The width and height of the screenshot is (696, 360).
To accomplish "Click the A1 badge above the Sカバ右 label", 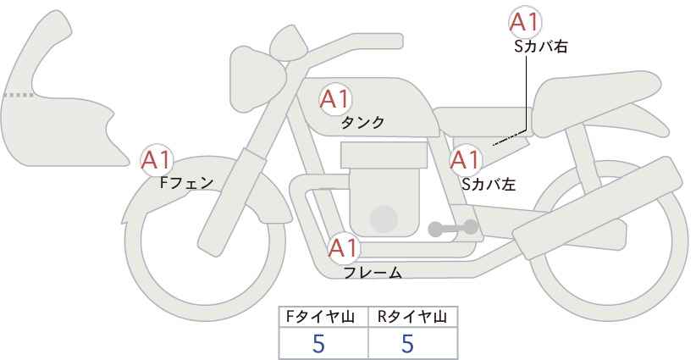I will click(525, 23).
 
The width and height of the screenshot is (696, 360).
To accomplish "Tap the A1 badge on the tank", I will click(334, 99).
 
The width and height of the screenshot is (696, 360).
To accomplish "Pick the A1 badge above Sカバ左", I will click(465, 159).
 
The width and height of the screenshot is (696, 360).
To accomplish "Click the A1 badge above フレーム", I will click(344, 249).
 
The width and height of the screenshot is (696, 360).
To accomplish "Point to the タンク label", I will click(362, 123).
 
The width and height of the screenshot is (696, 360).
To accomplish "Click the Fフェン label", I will click(186, 181).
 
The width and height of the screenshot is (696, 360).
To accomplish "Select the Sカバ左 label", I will click(489, 182).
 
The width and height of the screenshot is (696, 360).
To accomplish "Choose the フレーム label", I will click(372, 273).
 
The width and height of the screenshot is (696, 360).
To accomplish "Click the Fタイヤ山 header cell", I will click(324, 317).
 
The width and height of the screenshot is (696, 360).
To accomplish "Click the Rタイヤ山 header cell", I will click(412, 317).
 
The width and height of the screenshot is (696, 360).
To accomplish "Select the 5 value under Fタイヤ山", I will click(319, 343).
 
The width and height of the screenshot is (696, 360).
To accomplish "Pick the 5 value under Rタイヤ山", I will click(407, 343).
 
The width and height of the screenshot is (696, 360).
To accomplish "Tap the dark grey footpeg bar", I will click(453, 228).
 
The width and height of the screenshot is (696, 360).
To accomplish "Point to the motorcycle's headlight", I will click(253, 67).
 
